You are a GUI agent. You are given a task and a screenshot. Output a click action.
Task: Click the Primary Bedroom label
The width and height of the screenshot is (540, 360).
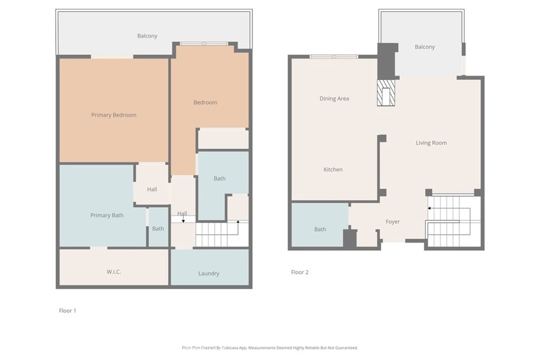(x=113, y=115)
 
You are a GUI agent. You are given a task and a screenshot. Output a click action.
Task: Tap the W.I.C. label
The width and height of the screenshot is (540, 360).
(x=113, y=271)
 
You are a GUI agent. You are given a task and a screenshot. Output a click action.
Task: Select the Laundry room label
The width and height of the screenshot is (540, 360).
(x=209, y=274)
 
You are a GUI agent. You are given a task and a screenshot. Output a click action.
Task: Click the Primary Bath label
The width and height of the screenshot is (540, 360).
(x=107, y=215)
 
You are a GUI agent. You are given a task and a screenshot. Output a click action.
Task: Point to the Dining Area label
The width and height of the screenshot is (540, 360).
(x=334, y=99)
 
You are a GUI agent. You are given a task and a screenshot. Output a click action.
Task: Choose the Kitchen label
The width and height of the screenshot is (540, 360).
(x=333, y=170)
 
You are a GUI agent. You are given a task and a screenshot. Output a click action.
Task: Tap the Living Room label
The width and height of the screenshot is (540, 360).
(x=431, y=143)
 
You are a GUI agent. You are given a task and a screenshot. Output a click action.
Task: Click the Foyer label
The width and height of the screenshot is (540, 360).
(x=392, y=222)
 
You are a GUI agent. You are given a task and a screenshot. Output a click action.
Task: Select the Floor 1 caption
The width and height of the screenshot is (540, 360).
(x=67, y=311)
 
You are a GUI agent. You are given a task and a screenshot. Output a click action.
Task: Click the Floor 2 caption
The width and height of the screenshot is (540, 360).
(x=300, y=273)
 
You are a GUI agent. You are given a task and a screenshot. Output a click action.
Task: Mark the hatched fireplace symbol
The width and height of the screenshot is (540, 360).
(x=387, y=93)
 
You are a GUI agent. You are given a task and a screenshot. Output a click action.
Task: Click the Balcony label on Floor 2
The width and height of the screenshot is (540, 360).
(x=425, y=47)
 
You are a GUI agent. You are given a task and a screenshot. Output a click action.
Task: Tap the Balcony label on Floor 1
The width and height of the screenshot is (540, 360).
(x=147, y=36)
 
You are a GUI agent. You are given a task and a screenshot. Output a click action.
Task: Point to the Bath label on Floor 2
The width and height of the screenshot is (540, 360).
(x=320, y=229)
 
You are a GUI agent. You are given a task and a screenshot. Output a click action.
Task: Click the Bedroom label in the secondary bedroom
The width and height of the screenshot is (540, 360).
(x=205, y=102)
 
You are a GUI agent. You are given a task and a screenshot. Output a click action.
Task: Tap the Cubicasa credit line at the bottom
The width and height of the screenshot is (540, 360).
(x=269, y=348)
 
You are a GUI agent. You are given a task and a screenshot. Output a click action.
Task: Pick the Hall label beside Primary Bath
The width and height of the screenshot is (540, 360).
(x=152, y=189)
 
